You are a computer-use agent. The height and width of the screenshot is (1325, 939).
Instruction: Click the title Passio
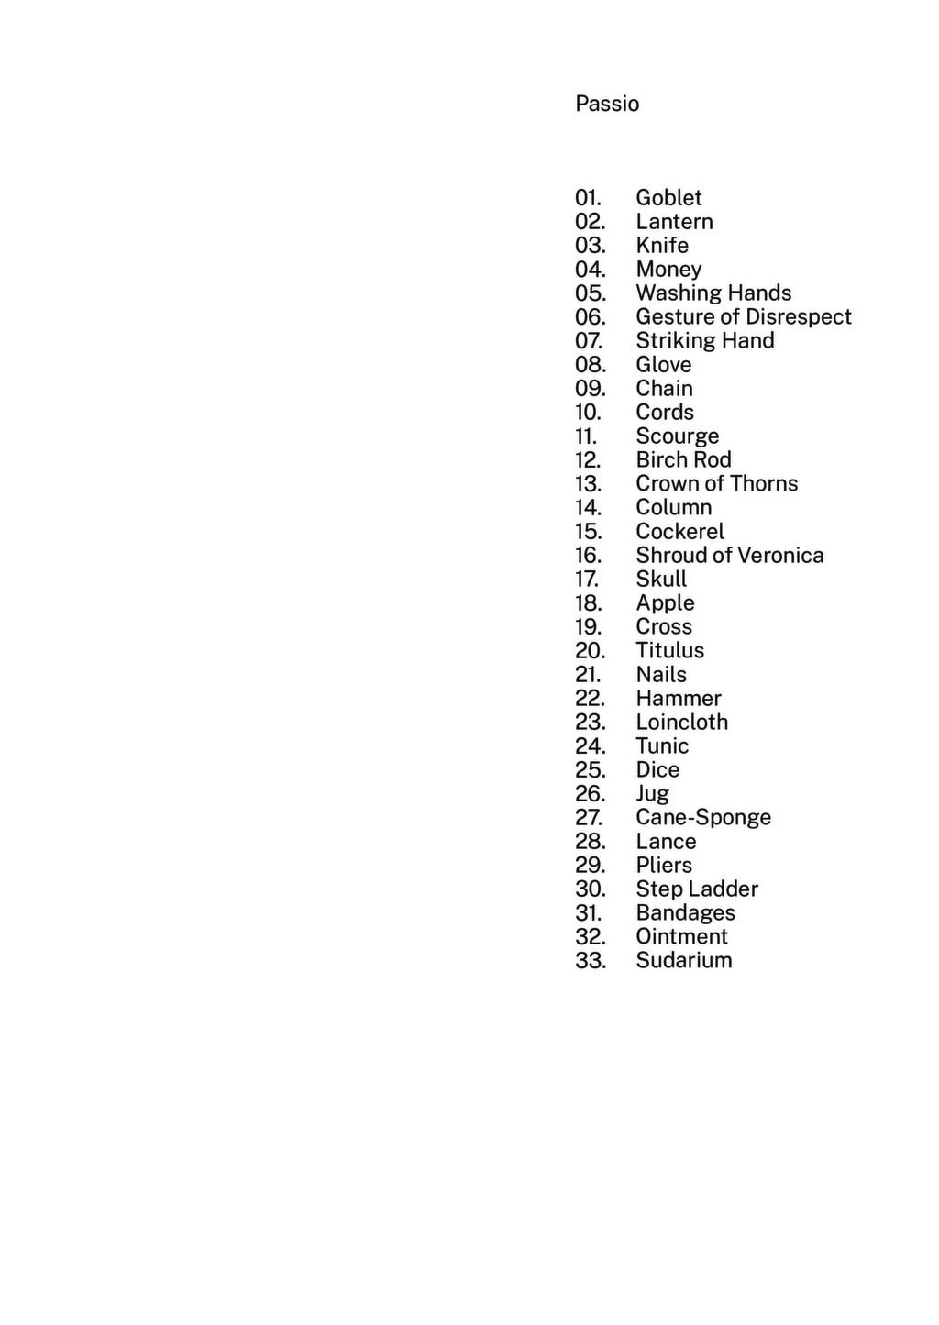coord(607,104)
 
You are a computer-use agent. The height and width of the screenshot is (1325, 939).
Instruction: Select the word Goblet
coord(668,198)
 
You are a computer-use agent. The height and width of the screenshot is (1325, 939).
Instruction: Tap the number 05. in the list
coord(591,293)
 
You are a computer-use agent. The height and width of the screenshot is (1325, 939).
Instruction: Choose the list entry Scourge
coord(677,436)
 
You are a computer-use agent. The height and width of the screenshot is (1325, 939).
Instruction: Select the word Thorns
coord(764,484)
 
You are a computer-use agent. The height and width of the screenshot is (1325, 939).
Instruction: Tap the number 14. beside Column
coord(589,508)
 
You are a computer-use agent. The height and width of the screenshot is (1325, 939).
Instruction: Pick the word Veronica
coord(780,556)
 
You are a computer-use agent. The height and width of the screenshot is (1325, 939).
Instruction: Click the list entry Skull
coord(661,580)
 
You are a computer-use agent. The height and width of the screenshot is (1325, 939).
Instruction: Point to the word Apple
coord(665,603)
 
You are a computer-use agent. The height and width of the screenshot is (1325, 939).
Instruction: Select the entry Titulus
coord(669,651)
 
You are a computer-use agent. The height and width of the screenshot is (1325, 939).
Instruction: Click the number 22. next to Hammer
coord(591,699)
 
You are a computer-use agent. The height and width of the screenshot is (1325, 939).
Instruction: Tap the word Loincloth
coord(681,723)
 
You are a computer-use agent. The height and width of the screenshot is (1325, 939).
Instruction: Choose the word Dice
coord(657,770)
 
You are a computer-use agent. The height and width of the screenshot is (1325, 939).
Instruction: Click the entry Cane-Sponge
coord(703,818)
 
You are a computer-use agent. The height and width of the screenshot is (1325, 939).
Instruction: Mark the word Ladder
coord(724,889)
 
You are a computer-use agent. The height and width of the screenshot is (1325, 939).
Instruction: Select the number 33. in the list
coord(591,961)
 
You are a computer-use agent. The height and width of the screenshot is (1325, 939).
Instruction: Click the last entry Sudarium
coord(683,961)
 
